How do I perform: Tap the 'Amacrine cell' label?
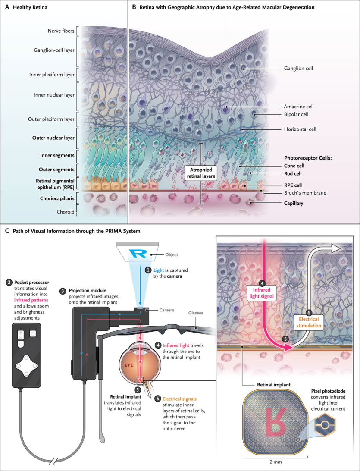tap(299, 106)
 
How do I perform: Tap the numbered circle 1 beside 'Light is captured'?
tap(148, 270)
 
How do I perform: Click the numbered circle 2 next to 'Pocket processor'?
tap(9, 283)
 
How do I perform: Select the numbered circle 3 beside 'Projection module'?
tap(63, 292)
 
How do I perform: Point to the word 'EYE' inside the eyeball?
tap(129, 353)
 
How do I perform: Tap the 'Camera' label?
tap(160, 310)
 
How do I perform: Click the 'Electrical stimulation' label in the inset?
tap(310, 323)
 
